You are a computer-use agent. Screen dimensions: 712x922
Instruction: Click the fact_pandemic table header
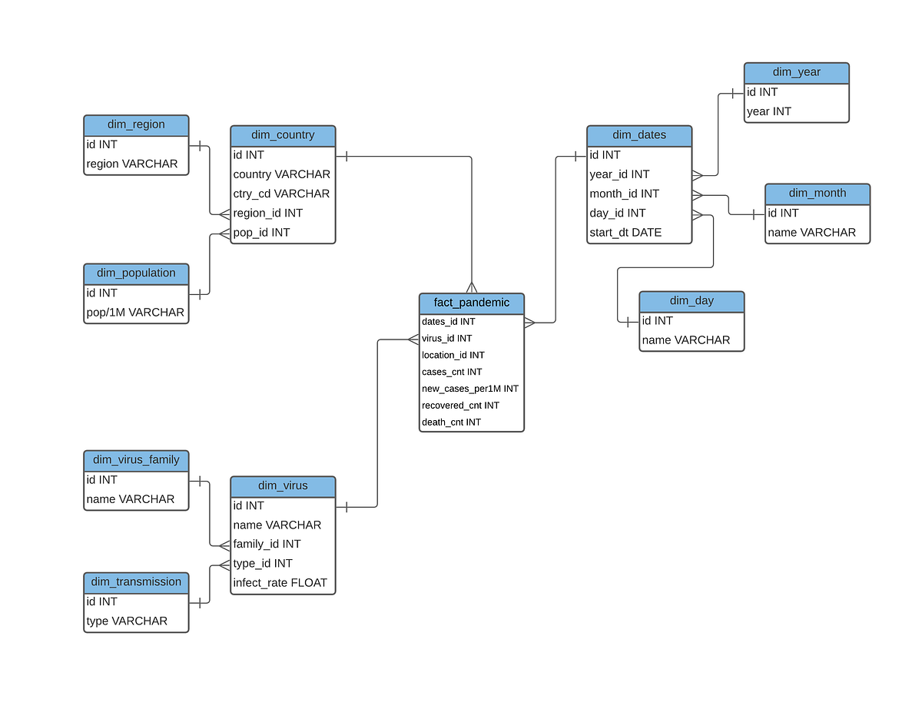click(x=472, y=303)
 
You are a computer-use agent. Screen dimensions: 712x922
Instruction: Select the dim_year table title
click(x=796, y=72)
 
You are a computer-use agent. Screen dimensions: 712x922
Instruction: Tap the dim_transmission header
click(x=136, y=581)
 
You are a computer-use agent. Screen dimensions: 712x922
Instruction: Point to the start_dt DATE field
click(x=625, y=232)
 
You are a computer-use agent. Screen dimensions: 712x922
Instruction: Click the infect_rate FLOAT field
click(x=280, y=582)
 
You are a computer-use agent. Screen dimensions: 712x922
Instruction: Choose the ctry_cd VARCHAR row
click(x=281, y=194)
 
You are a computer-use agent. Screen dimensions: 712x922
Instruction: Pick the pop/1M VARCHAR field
click(x=135, y=312)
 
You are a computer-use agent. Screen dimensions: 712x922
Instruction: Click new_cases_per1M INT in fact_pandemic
click(x=469, y=389)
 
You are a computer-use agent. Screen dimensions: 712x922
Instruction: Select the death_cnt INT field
click(x=451, y=422)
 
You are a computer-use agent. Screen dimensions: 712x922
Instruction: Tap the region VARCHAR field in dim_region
click(x=132, y=164)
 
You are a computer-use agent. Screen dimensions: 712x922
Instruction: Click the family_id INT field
click(x=267, y=544)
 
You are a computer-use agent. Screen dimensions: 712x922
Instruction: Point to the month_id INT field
click(x=624, y=194)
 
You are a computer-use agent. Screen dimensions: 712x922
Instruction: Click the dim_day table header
click(x=691, y=301)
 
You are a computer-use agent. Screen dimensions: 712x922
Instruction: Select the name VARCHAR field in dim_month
click(x=811, y=232)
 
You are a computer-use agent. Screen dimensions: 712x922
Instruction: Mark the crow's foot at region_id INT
click(x=224, y=214)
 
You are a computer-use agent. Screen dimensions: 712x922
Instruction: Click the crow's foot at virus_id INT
click(x=413, y=339)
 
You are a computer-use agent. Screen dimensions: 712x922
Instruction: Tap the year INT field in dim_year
click(x=768, y=111)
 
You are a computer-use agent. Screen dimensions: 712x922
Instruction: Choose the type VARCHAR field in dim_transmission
click(x=127, y=621)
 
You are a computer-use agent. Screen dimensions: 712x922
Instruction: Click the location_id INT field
click(x=453, y=355)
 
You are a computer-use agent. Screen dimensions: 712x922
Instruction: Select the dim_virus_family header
click(x=136, y=460)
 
